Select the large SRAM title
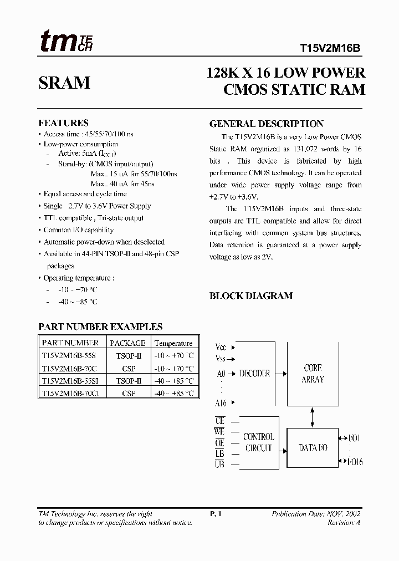64,83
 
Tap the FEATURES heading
63,123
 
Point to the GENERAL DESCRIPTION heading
266,124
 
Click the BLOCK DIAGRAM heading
250,295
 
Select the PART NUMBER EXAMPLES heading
100,327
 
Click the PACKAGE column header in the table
127,343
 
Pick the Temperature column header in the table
173,343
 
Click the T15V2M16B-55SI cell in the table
69,381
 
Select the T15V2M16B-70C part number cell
69,368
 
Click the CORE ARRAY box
313,374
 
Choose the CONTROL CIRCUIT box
258,442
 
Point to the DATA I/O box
313,447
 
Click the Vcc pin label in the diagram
221,348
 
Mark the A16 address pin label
221,403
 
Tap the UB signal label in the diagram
219,465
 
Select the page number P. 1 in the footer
216,514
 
